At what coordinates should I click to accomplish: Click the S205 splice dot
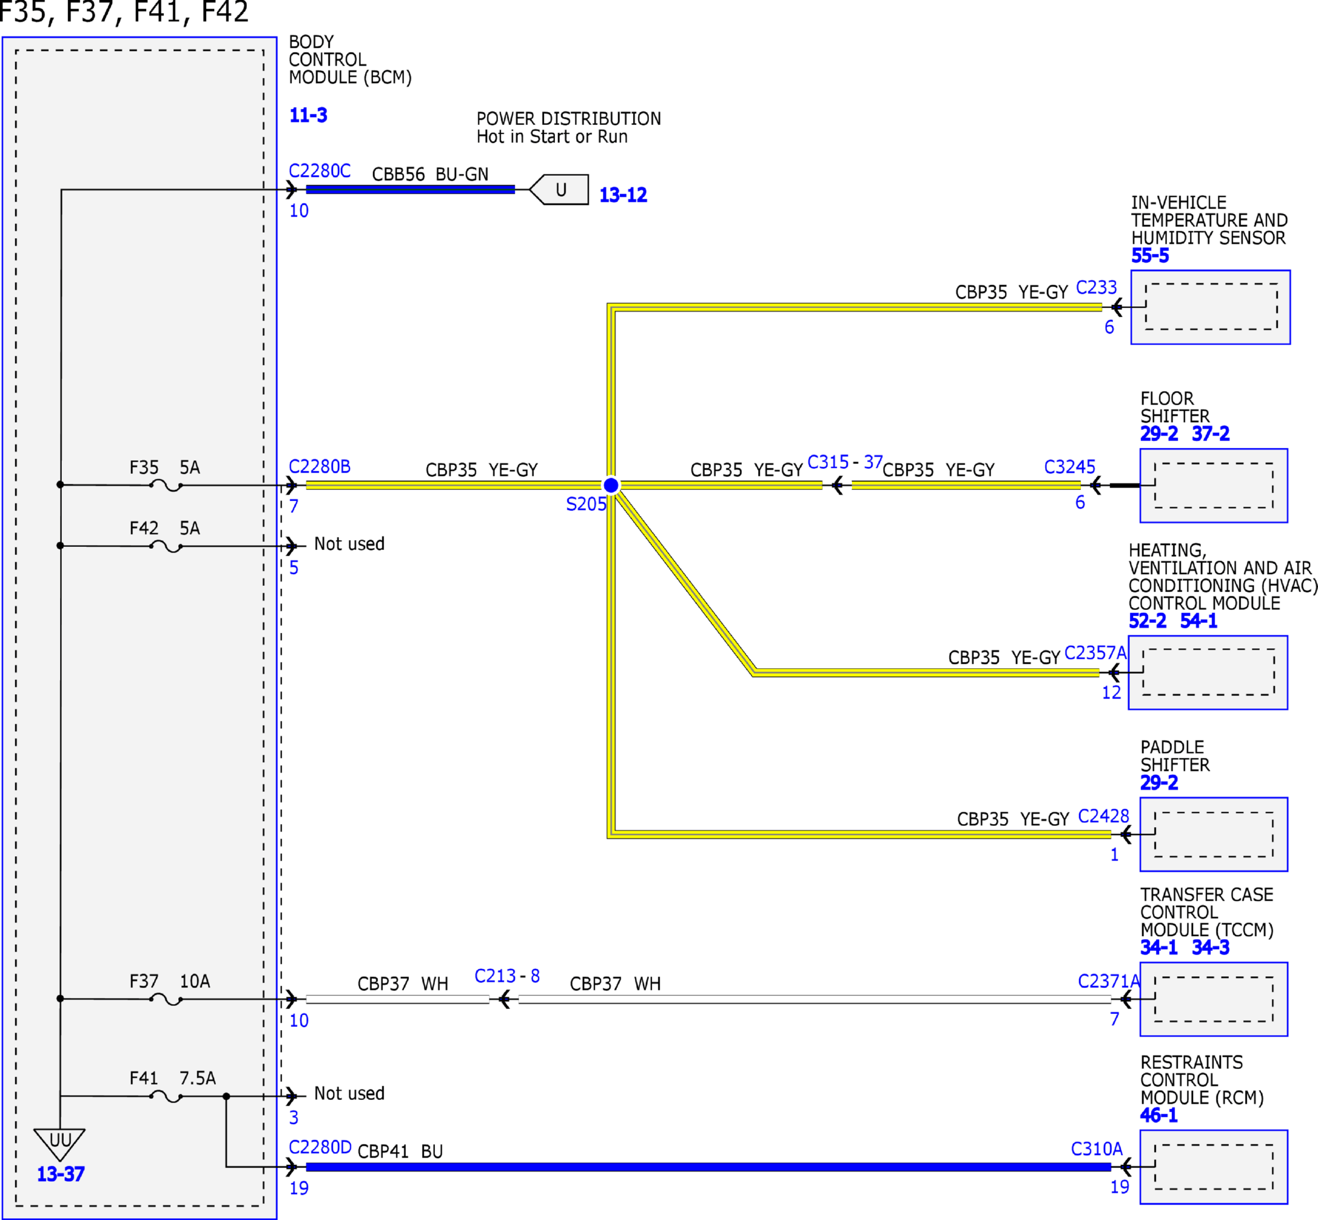coord(611,485)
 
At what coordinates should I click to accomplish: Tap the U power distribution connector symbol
coord(559,189)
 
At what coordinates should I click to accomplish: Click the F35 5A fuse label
coord(165,468)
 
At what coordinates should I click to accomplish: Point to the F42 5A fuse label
coord(165,528)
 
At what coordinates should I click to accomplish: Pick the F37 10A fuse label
coord(170,981)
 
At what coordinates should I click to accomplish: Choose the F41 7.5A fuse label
coord(173,1078)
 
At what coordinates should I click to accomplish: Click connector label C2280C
coord(319,171)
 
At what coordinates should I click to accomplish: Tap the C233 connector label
coord(1096,287)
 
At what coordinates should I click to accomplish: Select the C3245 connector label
coord(1070,466)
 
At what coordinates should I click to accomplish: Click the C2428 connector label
coord(1103,816)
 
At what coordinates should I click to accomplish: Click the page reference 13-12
coord(623,195)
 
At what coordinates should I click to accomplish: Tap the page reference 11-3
coord(308,115)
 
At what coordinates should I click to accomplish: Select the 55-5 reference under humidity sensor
coord(1150,256)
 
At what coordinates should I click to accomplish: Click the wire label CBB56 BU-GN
coord(431,174)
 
